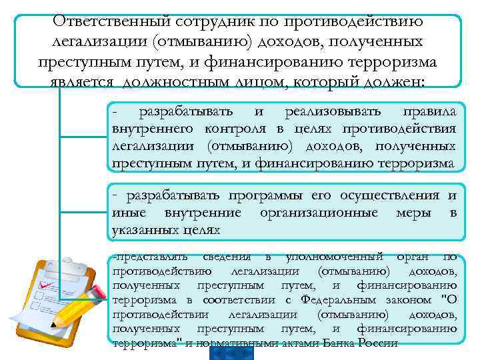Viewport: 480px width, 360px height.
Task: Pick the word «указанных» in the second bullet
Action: point(141,229)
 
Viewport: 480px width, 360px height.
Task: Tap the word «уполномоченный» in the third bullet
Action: point(334,256)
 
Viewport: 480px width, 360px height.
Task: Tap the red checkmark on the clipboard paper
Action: point(48,285)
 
